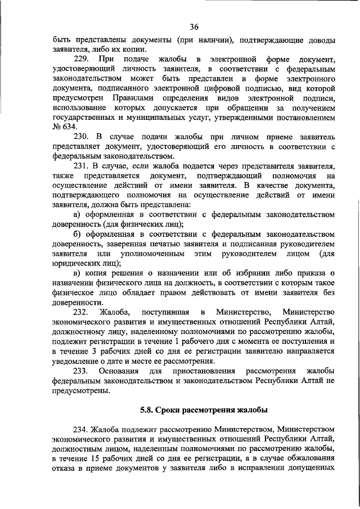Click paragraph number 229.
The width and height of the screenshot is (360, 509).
click(83, 58)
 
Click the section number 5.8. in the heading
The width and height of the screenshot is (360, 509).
click(147, 409)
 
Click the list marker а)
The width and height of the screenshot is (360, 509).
click(78, 215)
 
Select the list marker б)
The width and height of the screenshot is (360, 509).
click(78, 234)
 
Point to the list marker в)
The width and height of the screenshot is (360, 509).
click(78, 273)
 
